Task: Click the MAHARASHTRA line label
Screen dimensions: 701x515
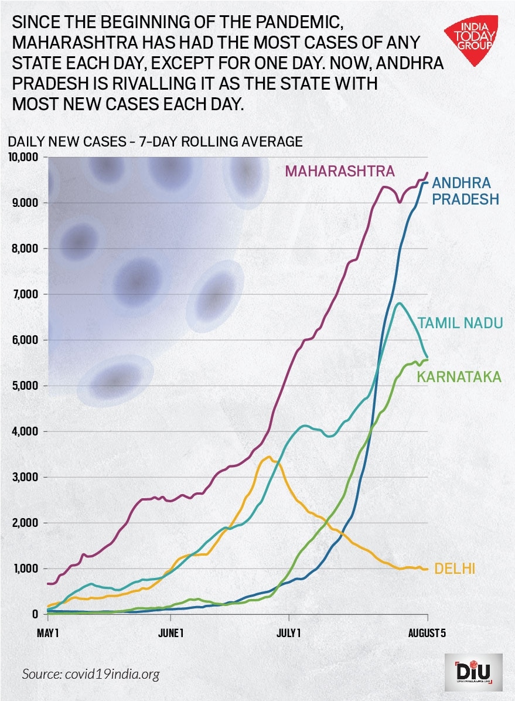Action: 340,171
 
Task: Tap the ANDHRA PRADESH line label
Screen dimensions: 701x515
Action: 466,190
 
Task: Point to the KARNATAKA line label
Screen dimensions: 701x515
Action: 459,376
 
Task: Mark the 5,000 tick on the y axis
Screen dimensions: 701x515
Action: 25,386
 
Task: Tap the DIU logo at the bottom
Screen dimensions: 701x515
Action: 473,670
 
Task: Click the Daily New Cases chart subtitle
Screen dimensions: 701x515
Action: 155,141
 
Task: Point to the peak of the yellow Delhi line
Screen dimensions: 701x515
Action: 269,457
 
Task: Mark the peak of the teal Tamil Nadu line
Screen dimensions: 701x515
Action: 399,303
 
